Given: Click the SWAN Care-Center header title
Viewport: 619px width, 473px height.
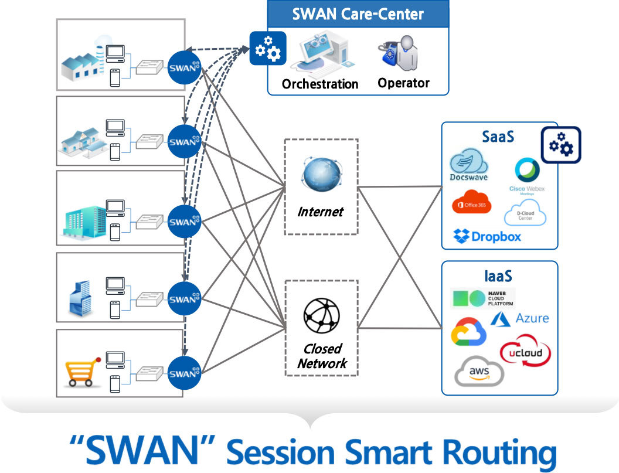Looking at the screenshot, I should [358, 13].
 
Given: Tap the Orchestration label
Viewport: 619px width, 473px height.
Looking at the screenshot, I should [320, 84].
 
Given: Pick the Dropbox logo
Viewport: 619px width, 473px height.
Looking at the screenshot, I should [488, 237].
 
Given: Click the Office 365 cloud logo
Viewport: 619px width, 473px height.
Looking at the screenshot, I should [472, 203].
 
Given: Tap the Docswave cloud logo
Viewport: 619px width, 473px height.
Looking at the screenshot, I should [469, 164].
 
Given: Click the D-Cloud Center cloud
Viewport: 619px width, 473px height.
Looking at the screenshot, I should [525, 214].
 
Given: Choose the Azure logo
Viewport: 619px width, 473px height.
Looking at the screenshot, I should [520, 318].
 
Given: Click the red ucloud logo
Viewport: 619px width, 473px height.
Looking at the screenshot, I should [525, 352].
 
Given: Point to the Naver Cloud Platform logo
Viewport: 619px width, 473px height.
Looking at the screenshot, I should [482, 298].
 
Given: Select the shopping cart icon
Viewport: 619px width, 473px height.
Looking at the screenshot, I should [80, 371].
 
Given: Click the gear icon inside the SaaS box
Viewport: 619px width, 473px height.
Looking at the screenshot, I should [560, 144].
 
